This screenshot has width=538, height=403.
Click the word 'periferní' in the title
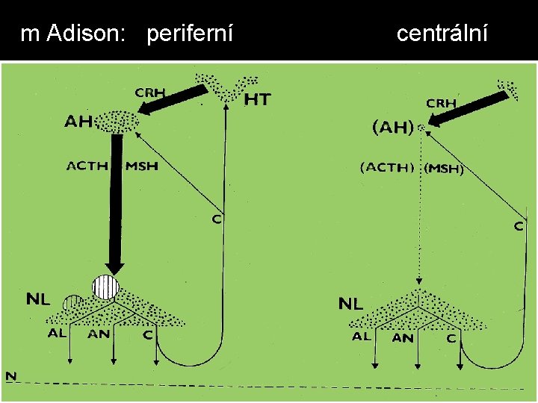click(190, 34)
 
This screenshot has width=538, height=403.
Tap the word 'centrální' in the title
click(442, 34)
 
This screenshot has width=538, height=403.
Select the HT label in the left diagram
click(257, 99)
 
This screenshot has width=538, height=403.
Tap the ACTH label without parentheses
click(87, 166)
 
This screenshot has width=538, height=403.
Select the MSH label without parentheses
click(141, 166)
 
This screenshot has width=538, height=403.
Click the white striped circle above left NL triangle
click(105, 287)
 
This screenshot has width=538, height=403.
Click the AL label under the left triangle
click(58, 334)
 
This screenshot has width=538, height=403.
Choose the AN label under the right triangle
click(402, 337)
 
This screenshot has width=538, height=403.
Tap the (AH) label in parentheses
click(392, 128)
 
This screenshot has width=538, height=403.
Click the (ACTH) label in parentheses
click(388, 168)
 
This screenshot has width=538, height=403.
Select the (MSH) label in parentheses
click(444, 169)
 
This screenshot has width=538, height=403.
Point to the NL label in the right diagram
click(351, 303)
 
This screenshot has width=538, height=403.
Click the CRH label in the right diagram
click(441, 103)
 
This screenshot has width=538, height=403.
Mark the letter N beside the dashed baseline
click(10, 375)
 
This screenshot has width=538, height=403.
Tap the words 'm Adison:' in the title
click(73, 34)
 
